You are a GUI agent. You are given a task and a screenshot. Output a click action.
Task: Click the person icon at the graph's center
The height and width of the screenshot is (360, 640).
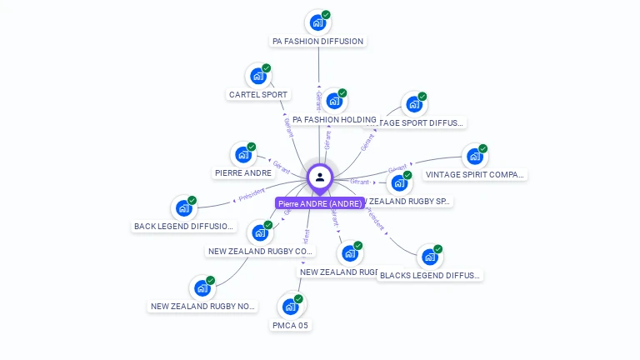(x=319, y=177)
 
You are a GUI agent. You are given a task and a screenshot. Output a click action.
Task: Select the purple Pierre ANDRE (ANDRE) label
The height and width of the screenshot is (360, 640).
(x=319, y=203)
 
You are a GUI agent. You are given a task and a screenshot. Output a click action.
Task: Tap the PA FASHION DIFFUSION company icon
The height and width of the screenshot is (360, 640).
(x=317, y=22)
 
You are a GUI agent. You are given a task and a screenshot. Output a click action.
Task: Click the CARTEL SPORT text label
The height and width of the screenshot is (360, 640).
(x=257, y=94)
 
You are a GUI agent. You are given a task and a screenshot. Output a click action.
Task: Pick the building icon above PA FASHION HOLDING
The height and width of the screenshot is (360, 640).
(x=333, y=101)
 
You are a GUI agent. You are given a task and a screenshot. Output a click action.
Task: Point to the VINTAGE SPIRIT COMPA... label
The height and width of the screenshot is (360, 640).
(x=475, y=175)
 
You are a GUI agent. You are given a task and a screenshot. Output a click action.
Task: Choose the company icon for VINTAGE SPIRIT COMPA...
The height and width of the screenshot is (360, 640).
(x=473, y=156)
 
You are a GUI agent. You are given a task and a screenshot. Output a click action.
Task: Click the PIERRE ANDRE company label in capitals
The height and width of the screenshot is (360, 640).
(x=242, y=173)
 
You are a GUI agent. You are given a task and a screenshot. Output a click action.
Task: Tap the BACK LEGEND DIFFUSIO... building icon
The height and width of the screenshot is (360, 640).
(x=183, y=208)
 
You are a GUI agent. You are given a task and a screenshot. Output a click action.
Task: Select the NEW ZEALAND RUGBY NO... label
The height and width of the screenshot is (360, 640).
(x=203, y=307)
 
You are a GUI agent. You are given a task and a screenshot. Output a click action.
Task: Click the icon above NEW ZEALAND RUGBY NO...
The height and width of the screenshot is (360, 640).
(x=202, y=288)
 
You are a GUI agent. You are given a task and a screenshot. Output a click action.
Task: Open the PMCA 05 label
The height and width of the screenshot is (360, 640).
(x=290, y=325)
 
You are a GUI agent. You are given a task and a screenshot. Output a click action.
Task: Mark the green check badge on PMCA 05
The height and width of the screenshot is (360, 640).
(x=298, y=299)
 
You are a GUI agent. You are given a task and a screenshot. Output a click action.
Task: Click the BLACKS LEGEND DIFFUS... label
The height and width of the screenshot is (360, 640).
(x=430, y=275)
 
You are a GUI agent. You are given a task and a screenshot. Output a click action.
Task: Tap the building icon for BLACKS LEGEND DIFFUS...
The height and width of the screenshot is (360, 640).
(x=429, y=257)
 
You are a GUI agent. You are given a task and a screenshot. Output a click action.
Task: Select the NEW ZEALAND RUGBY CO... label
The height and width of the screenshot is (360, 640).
(x=260, y=251)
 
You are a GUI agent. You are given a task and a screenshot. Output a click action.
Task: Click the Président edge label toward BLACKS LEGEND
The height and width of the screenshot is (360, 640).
(x=377, y=220)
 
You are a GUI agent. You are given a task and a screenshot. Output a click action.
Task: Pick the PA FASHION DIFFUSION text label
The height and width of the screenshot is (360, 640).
(x=317, y=41)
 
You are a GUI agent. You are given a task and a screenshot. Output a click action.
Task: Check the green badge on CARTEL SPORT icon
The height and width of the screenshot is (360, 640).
(x=266, y=68)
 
